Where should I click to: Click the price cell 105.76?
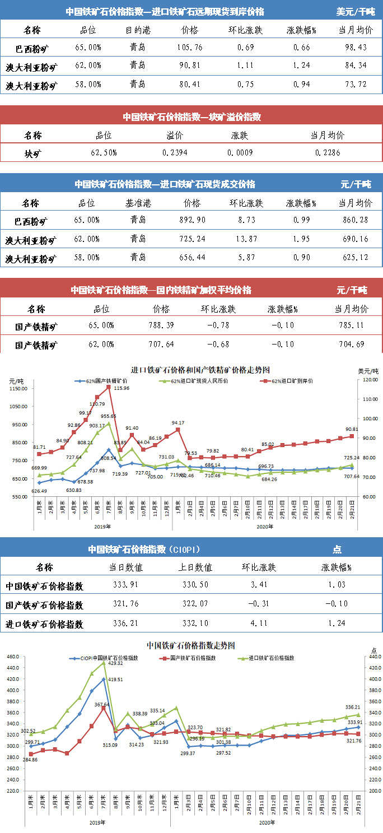coord(190,47)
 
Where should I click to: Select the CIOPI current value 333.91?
coord(126,586)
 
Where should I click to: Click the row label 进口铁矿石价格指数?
coord(45,624)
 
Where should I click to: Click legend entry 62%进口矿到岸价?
coord(292,381)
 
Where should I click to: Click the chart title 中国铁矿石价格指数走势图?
coord(190,645)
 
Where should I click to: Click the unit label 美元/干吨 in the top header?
coord(356,11)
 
